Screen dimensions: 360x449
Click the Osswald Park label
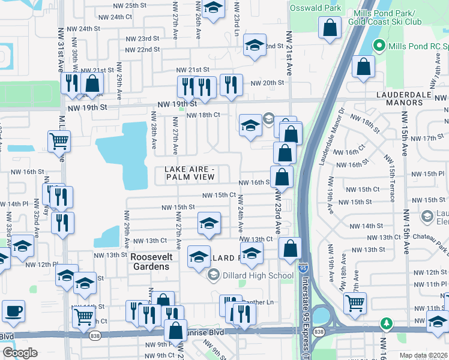pos(315,8)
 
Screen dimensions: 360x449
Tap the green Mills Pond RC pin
pos(379,45)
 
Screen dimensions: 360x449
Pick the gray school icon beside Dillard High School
pos(213,275)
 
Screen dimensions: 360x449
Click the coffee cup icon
pos(13,311)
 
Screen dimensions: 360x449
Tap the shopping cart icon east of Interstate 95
pos(355,303)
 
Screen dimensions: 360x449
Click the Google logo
pos(20,353)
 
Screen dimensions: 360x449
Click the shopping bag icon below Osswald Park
pos(330,28)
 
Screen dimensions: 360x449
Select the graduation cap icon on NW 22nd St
pos(255,45)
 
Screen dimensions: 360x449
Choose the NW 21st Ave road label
pos(289,54)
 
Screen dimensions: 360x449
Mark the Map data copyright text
pos(424,355)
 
